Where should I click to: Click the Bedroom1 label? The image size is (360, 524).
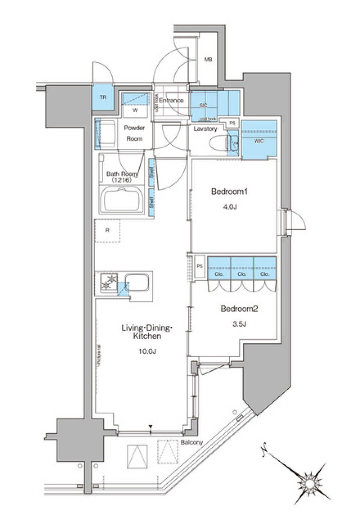pyautogui.click(x=229, y=192)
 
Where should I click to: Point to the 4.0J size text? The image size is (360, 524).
pyautogui.click(x=230, y=206)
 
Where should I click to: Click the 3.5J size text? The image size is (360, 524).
pyautogui.click(x=239, y=324)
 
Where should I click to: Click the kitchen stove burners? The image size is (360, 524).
pyautogui.click(x=108, y=282)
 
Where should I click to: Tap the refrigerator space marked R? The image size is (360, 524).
pyautogui.click(x=107, y=230)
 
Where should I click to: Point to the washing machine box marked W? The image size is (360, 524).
pyautogui.click(x=135, y=110)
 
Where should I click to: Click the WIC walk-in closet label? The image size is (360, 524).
pyautogui.click(x=259, y=141)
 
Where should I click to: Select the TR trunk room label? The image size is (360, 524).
pyautogui.click(x=103, y=97)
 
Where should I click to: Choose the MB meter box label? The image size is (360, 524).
pyautogui.click(x=208, y=59)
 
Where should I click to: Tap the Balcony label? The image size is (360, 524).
pyautogui.click(x=192, y=442)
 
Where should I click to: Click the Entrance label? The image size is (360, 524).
pyautogui.click(x=171, y=101)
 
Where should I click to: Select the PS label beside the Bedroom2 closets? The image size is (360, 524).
pyautogui.click(x=199, y=266)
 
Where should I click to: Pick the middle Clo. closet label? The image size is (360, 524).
pyautogui.click(x=242, y=274)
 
